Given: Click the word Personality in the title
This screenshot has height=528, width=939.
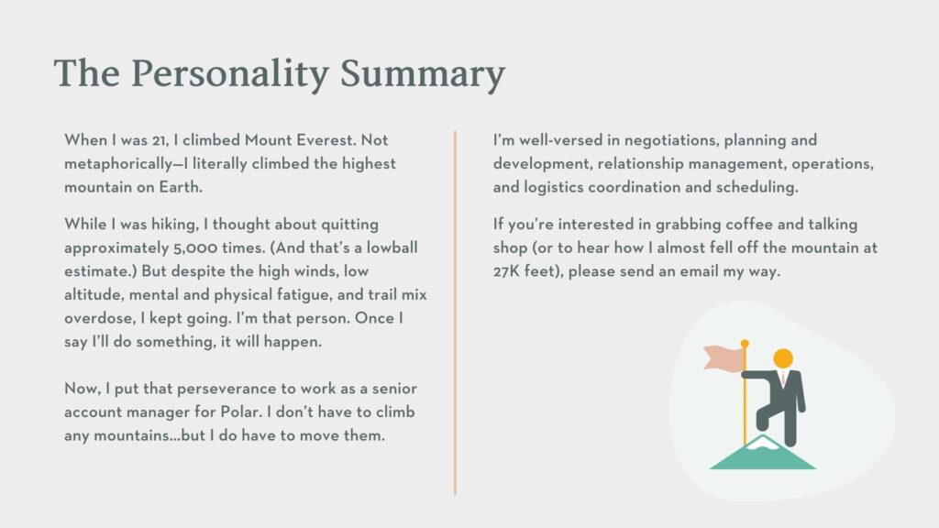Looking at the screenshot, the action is [229, 74].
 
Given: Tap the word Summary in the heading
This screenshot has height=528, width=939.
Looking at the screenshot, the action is [423, 74].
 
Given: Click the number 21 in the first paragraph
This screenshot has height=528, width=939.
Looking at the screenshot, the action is [160, 140].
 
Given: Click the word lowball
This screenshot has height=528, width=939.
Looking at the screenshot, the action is [392, 247].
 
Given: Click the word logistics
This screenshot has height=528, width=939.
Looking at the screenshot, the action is [553, 187].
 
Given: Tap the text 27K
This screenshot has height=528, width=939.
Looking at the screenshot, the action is [506, 271].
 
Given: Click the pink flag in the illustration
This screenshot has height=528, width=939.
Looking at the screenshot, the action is [724, 357].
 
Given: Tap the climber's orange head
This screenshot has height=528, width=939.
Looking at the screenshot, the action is [783, 359].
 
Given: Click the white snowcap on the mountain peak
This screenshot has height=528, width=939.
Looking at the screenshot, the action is [762, 443].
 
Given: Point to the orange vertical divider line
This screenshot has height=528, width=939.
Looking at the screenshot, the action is [455, 313].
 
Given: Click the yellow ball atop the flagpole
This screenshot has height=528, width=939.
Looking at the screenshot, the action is [745, 344].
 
